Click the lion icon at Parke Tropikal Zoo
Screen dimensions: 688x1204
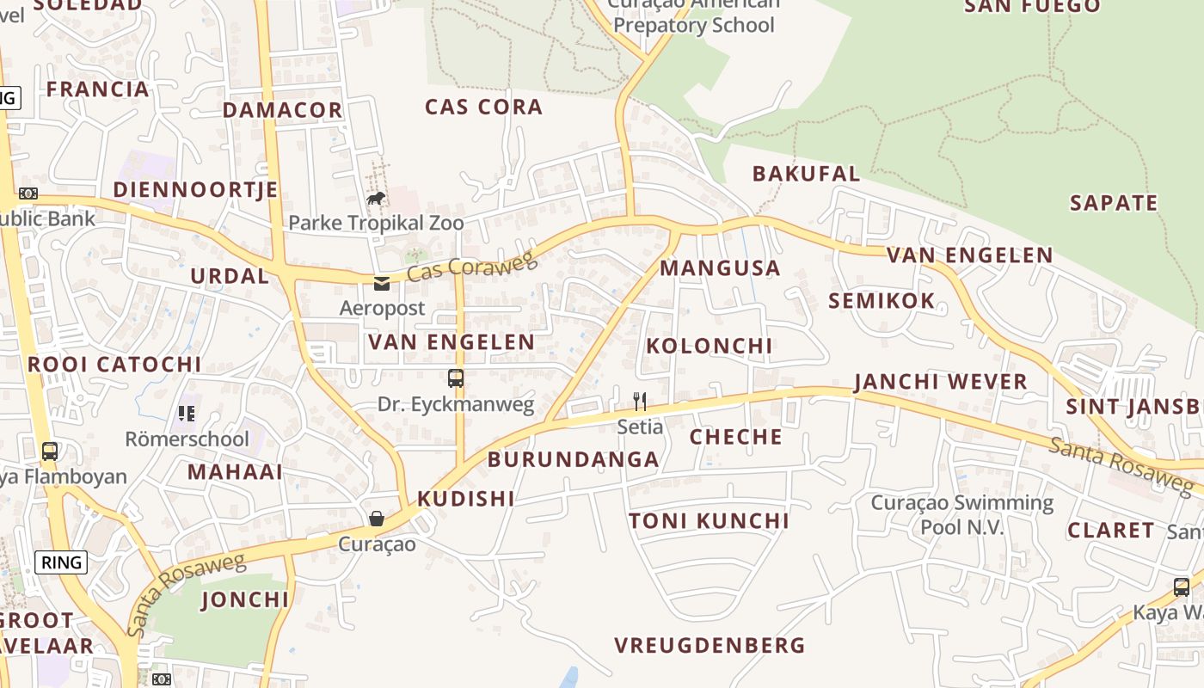pos(376,199)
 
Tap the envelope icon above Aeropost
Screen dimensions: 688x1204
pos(382,283)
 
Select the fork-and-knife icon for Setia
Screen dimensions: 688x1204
pos(640,401)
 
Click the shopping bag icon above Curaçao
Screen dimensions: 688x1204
pos(377,518)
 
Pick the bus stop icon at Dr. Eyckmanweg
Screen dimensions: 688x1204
pos(456,378)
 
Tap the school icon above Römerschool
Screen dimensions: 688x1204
pos(187,414)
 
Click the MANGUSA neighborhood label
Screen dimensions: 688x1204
pos(720,268)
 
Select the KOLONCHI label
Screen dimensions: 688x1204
pos(709,346)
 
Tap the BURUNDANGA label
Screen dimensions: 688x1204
pos(573,459)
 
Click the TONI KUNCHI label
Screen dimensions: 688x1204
pos(709,521)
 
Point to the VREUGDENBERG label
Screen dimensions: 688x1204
pos(709,645)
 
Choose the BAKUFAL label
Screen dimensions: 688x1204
pos(806,174)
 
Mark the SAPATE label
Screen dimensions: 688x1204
pos(1114,203)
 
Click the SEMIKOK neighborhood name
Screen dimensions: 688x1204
pos(881,301)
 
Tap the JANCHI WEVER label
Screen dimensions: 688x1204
pos(941,382)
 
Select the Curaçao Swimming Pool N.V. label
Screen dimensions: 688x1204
pos(962,514)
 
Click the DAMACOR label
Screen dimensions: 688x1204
pos(283,110)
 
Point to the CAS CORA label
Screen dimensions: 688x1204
pos(483,107)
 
